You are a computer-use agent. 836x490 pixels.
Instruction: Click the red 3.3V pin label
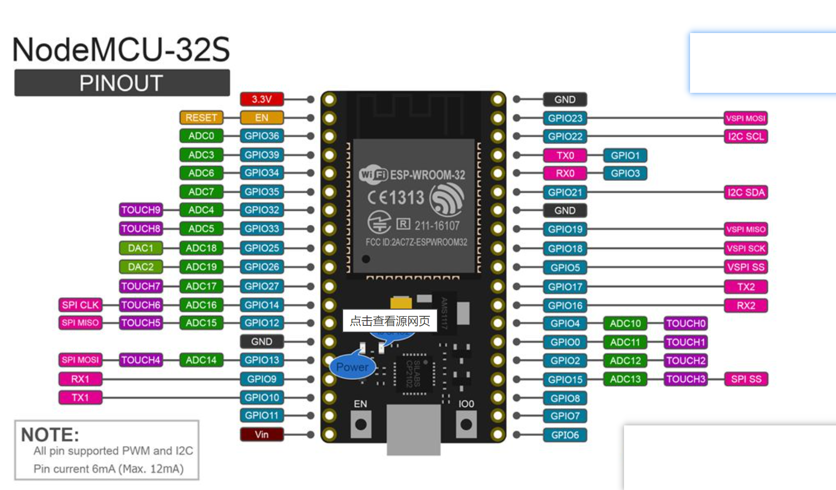[x=261, y=99]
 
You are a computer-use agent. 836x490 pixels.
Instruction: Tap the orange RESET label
[x=201, y=118]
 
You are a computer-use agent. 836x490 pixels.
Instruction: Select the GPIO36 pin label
[x=261, y=136]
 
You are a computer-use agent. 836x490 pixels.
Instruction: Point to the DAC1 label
[x=141, y=248]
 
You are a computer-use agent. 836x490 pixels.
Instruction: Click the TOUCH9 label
[x=141, y=210]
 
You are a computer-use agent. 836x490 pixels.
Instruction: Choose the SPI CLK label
[x=80, y=305]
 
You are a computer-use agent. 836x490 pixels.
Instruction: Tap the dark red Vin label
[x=261, y=434]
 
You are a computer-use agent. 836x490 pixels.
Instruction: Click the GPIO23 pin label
[x=565, y=118]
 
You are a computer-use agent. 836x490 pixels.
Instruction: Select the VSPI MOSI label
[x=746, y=118]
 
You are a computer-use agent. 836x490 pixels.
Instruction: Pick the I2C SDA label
[x=746, y=192]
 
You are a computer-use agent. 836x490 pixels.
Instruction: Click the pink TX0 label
[x=565, y=156]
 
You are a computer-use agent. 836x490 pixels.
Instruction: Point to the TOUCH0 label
[x=686, y=323]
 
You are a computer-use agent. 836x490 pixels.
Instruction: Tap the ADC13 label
[x=625, y=379]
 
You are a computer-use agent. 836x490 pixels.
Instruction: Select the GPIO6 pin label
[x=565, y=435]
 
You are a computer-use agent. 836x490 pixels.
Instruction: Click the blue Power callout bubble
[x=352, y=367]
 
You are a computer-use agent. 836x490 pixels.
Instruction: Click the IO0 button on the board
[x=466, y=424]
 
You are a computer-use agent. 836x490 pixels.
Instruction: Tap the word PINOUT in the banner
[x=122, y=83]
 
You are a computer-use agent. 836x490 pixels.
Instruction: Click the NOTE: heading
[x=50, y=434]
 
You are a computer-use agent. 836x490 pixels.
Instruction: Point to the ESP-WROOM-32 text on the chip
[x=427, y=175]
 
